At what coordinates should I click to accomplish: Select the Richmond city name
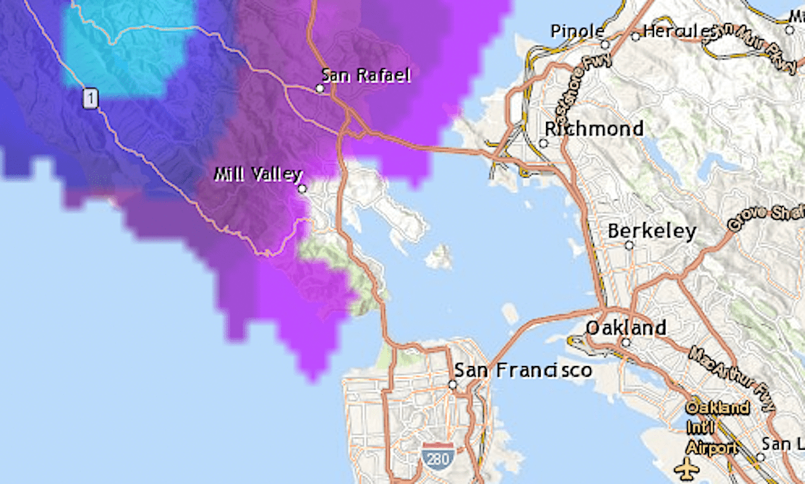(594, 128)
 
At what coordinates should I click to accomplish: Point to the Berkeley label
(651, 231)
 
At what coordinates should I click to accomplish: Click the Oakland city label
(626, 328)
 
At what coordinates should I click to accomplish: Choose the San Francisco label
(523, 370)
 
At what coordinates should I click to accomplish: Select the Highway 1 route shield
(91, 99)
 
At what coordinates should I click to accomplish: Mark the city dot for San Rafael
(320, 88)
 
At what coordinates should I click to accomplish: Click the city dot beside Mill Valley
(303, 189)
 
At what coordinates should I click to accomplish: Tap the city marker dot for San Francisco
(453, 385)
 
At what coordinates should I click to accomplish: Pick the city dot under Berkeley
(629, 245)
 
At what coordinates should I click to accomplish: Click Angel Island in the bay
(439, 257)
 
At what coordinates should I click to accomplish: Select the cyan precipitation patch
(121, 47)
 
